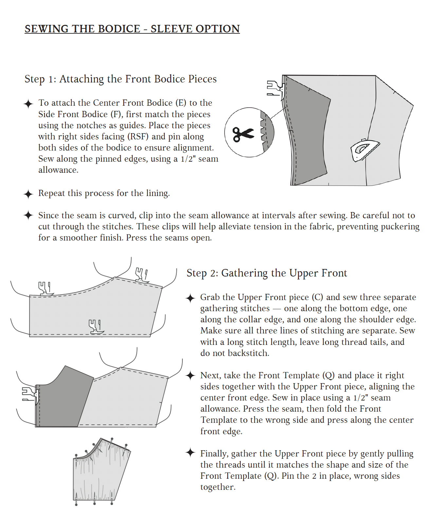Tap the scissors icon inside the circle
click(x=243, y=134)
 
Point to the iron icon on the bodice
click(x=364, y=150)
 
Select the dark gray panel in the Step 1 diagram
click(x=308, y=131)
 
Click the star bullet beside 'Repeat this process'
click(x=28, y=194)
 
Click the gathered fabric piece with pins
click(x=98, y=471)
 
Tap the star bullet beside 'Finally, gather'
click(x=190, y=453)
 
